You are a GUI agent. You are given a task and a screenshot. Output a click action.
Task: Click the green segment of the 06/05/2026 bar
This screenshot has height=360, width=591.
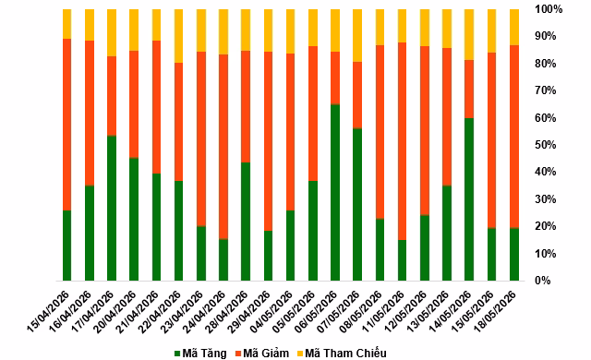[335, 192]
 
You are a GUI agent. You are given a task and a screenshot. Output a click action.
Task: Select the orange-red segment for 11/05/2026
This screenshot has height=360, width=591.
[403, 141]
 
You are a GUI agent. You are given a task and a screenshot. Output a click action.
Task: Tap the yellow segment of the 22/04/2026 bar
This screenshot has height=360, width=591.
[178, 36]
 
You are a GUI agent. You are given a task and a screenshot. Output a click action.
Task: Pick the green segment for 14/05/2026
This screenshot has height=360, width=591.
[469, 199]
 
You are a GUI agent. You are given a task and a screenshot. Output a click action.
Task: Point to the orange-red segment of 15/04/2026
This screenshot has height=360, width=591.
[67, 125]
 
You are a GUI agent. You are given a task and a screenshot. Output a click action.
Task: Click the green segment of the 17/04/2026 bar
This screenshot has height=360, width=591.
[112, 209]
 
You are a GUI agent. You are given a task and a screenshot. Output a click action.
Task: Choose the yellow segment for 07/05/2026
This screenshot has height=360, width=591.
[357, 35]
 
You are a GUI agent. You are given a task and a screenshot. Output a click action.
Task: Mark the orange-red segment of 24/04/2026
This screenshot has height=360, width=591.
[223, 147]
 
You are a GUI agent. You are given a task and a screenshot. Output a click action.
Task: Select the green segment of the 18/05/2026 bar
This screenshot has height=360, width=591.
[514, 255]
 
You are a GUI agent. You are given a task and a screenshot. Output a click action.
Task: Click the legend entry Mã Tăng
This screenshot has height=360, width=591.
[200, 354]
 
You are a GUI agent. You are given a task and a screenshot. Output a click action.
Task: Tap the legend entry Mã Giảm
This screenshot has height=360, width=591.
[262, 354]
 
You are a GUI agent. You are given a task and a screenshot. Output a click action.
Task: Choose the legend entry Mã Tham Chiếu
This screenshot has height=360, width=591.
[342, 354]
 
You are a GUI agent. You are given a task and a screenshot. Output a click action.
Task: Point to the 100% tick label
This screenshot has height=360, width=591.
[549, 9]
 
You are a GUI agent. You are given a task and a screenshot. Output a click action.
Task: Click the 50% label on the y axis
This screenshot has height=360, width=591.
[546, 145]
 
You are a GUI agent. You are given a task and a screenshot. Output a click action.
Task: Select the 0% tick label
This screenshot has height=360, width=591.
[543, 281]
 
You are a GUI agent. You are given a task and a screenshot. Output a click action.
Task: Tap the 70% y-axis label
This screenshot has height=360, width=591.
[546, 90]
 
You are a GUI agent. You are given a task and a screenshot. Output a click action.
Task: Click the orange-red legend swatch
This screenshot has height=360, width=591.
[238, 354]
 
